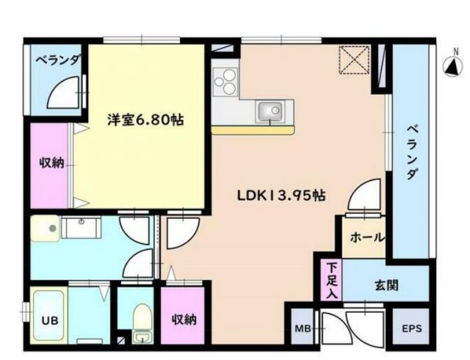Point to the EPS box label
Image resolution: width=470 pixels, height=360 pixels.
(x=411, y=328)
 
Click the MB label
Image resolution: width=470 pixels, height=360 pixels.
(x=303, y=328)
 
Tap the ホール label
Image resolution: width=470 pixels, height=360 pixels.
(x=362, y=237)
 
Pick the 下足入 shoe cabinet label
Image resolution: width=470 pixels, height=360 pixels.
(x=332, y=278)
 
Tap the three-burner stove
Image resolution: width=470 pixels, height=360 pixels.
(x=225, y=82)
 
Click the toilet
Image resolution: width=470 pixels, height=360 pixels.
(x=142, y=320)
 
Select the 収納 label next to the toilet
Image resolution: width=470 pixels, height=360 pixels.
(x=184, y=320)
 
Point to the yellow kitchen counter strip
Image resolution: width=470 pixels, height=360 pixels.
(x=253, y=130)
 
